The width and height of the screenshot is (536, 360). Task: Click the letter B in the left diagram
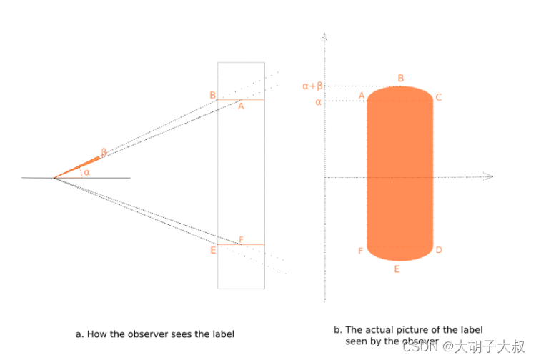212,95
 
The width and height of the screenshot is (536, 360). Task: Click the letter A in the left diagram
241,106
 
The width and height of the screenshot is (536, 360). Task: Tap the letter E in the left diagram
213,250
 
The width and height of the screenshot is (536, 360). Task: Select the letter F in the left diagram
241,239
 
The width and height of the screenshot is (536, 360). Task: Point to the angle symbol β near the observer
104,151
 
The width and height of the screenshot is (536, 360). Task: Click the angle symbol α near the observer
86,172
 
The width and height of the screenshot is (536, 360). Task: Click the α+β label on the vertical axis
312,86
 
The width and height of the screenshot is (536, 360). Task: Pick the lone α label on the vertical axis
318,101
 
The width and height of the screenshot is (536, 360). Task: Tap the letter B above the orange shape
401,78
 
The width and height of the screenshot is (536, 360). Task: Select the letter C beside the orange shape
439,97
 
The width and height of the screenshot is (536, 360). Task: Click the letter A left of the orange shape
362,96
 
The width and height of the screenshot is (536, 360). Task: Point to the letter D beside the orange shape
439,250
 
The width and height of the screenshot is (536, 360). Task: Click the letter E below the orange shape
397,269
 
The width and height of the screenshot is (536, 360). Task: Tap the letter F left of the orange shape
361,251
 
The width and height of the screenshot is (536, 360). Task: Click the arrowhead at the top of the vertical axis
325,34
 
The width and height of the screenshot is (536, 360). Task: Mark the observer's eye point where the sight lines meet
54,177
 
